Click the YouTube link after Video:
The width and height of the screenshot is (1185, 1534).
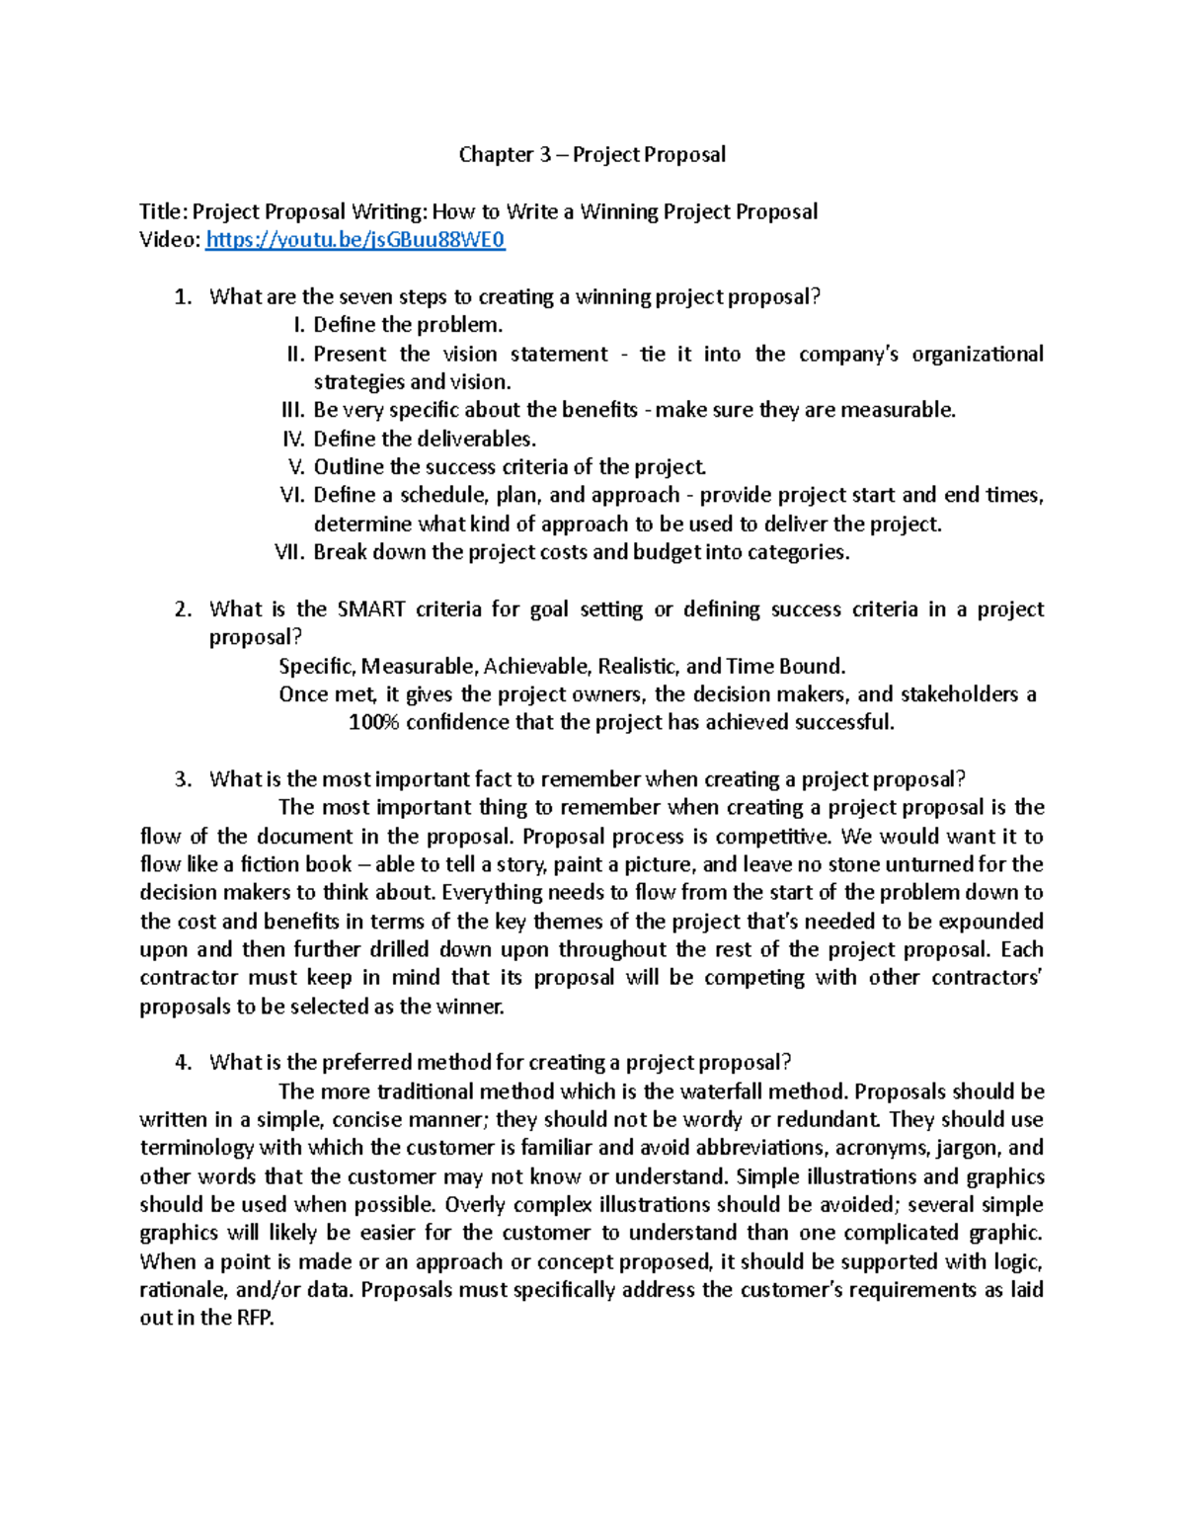click(355, 240)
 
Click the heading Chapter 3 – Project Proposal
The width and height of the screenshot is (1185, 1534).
click(592, 154)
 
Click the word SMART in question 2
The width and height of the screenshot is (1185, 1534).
click(370, 609)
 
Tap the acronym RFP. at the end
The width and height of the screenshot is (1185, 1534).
click(254, 1319)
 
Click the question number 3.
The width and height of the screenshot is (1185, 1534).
click(183, 779)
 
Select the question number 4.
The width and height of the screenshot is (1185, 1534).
click(183, 1063)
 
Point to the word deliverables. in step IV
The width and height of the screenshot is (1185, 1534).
click(477, 439)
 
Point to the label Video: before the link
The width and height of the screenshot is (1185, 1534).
click(170, 240)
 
